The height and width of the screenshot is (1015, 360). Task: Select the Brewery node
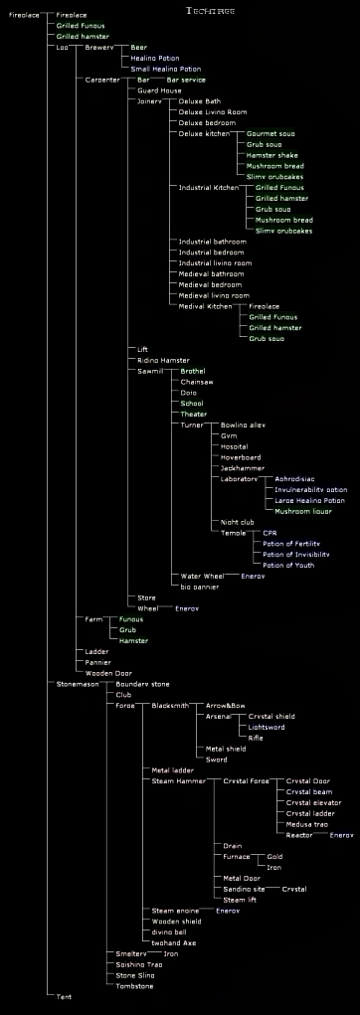coord(99,47)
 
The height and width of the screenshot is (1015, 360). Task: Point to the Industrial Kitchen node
coord(207,187)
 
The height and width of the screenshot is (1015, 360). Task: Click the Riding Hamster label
coord(163,360)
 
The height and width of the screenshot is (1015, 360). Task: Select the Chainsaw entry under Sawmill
coord(197,382)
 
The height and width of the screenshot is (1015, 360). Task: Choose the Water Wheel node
coord(202,576)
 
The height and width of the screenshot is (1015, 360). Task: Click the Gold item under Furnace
coord(274,856)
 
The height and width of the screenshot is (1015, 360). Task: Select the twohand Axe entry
coord(174,942)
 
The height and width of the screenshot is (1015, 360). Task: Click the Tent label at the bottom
coord(65,995)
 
